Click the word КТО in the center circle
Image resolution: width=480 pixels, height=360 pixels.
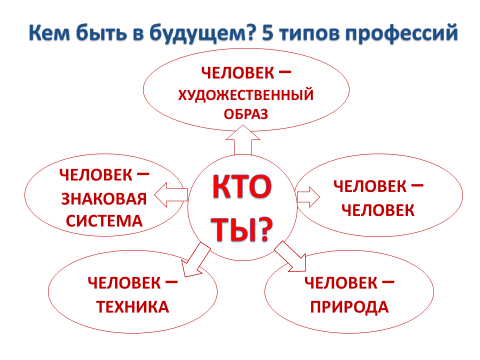click(x=242, y=186)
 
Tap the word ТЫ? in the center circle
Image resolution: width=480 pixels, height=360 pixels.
click(x=242, y=229)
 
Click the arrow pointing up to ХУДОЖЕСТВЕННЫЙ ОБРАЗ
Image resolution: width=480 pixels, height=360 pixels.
click(x=243, y=139)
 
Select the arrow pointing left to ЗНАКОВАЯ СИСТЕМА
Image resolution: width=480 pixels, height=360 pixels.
click(x=171, y=194)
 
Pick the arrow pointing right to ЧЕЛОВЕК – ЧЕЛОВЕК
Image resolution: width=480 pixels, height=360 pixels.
click(x=308, y=197)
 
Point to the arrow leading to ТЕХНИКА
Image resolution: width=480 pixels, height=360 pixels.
click(x=195, y=260)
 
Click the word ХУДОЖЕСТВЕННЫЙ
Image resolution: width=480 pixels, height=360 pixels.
click(x=246, y=95)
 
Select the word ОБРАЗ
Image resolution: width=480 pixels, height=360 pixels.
click(x=246, y=114)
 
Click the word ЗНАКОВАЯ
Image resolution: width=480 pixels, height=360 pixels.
click(x=104, y=199)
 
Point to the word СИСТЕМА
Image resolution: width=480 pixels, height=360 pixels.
click(x=104, y=221)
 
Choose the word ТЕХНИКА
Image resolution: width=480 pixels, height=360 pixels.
click(x=132, y=307)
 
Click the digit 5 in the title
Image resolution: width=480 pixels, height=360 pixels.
click(x=267, y=32)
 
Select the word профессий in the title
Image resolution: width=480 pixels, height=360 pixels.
click(x=401, y=33)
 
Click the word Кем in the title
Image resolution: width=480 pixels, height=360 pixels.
click(x=49, y=32)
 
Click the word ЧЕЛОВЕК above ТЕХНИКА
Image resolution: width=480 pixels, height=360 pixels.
click(x=124, y=283)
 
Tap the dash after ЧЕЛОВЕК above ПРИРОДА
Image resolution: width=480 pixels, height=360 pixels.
click(x=388, y=281)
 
